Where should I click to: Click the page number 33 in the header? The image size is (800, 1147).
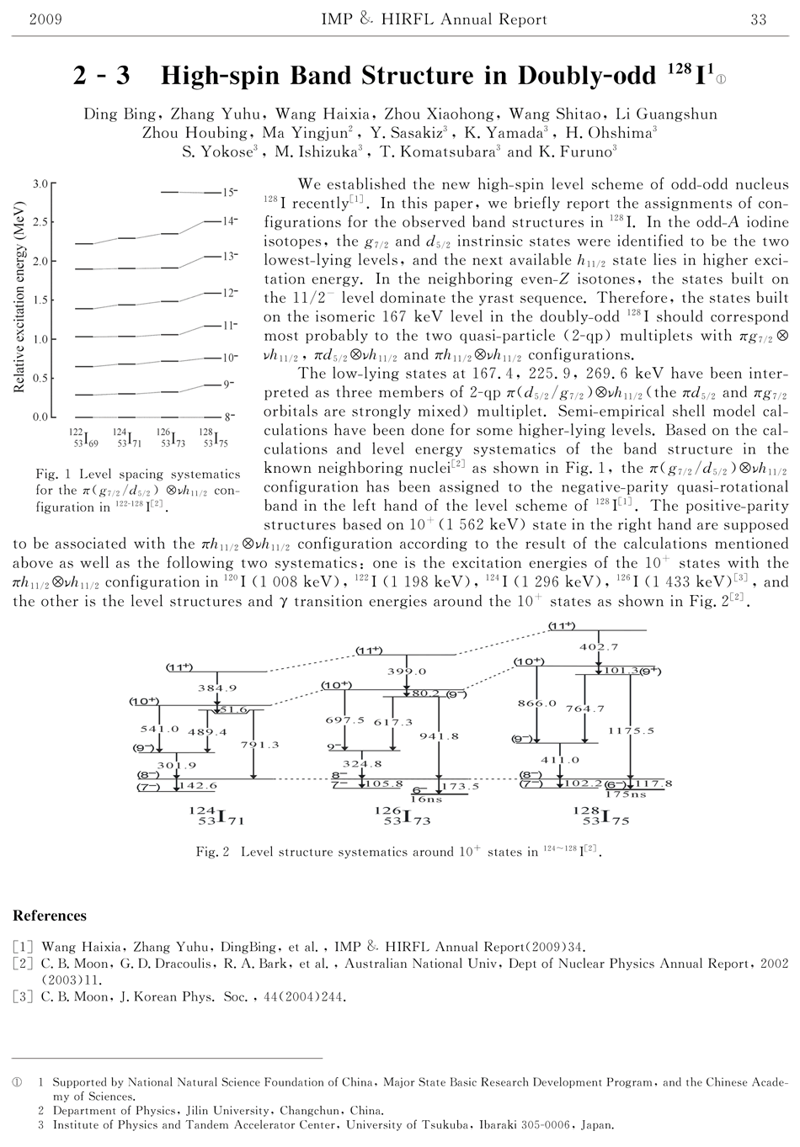(x=758, y=19)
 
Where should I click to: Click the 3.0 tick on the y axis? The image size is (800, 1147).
(x=40, y=183)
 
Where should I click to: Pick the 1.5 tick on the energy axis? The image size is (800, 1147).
(x=40, y=300)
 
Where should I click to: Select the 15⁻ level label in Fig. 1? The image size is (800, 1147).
(x=230, y=193)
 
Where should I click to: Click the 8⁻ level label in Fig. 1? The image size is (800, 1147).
(x=229, y=417)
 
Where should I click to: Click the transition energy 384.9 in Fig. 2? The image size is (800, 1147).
(x=217, y=688)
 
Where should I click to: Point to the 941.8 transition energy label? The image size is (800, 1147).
(x=439, y=736)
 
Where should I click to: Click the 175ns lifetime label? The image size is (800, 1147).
(x=625, y=794)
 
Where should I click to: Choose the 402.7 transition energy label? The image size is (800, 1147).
(x=600, y=646)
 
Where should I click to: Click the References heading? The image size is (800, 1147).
(x=50, y=916)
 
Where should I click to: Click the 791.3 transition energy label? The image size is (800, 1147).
(x=259, y=744)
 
